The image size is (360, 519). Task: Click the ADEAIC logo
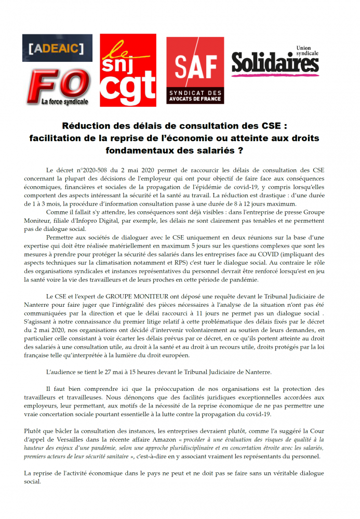coord(57,48)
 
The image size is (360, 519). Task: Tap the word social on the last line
coord(32,481)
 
